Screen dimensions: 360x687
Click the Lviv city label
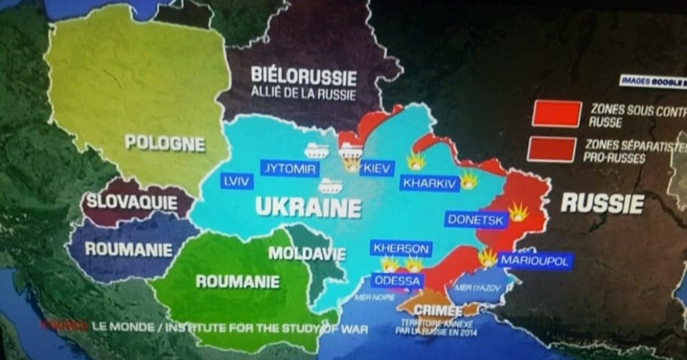[x=236, y=181]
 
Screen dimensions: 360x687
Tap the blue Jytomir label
[x=289, y=169]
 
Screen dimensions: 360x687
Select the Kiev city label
[x=376, y=169]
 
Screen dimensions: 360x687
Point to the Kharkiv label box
[x=429, y=183]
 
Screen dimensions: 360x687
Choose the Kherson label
[x=401, y=249]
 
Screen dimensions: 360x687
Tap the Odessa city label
[x=396, y=280]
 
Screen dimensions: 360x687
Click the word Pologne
[x=165, y=143]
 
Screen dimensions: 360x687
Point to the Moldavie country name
[x=306, y=252]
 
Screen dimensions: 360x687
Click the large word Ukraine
[x=308, y=208]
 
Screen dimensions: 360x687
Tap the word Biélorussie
[x=304, y=77]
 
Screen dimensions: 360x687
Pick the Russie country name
[x=602, y=204]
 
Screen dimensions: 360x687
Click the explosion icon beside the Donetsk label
[x=518, y=212]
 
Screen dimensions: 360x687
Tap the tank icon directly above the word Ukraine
[x=329, y=187]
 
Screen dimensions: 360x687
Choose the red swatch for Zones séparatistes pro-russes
[x=554, y=150]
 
